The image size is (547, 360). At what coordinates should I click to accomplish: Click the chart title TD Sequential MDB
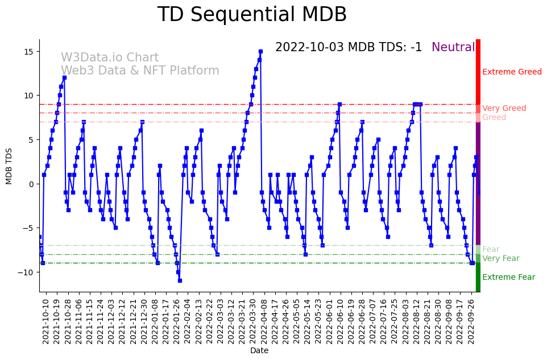click(x=252, y=15)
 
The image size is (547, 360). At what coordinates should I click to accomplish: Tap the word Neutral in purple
click(x=453, y=48)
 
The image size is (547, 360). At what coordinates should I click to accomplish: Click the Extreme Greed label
click(x=512, y=72)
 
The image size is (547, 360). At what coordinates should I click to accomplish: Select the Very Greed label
click(x=504, y=109)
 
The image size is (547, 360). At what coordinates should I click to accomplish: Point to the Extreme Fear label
click(x=508, y=278)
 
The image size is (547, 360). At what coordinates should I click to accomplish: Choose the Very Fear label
click(x=500, y=259)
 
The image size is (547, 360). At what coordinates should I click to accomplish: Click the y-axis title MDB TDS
click(x=9, y=165)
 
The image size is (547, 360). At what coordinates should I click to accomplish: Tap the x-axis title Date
click(x=259, y=351)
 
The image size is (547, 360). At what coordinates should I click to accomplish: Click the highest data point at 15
click(x=260, y=51)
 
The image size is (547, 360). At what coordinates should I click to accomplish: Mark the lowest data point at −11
click(x=180, y=280)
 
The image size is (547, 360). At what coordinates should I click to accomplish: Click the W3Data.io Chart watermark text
click(x=110, y=58)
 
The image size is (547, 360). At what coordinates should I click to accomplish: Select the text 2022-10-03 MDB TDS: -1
click(x=349, y=48)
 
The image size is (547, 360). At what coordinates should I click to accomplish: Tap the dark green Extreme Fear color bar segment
click(x=478, y=278)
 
